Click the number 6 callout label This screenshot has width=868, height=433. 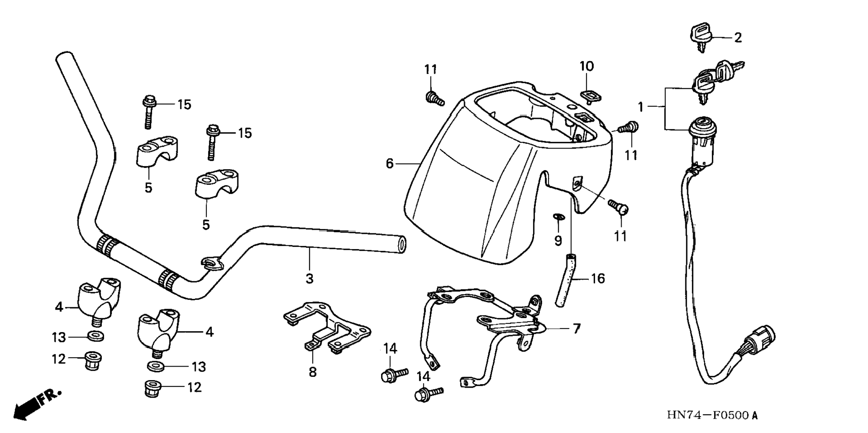[390, 164]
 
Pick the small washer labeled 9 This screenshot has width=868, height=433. [558, 217]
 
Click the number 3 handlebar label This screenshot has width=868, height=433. [309, 278]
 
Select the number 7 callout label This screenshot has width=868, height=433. [576, 328]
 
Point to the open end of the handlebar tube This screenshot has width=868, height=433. [402, 244]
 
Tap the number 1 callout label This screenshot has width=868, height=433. [640, 107]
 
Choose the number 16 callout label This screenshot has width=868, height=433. [597, 279]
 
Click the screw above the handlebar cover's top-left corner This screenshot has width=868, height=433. [434, 98]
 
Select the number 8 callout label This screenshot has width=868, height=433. [312, 372]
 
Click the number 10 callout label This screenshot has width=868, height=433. [586, 66]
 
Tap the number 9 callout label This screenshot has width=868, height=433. [558, 241]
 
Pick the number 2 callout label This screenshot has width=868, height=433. [738, 38]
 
